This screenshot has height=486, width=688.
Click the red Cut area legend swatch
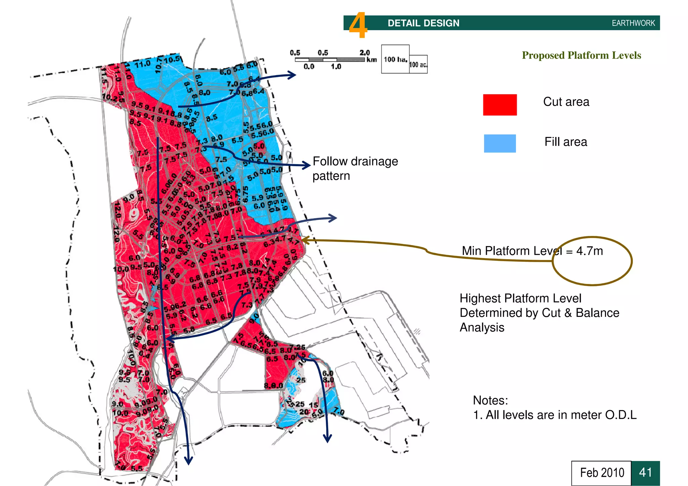point(500,105)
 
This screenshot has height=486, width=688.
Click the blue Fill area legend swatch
point(500,143)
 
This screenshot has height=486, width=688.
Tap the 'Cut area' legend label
point(566,102)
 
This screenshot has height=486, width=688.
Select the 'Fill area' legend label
point(566,142)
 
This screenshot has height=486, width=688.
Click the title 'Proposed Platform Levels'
point(581,55)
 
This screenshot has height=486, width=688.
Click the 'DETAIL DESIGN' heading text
point(423,23)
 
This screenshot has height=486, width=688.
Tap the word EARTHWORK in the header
point(633,23)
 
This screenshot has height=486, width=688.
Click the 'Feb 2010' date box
point(602,473)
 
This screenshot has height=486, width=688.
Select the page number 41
point(645,473)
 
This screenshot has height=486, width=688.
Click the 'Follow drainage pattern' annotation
point(355,168)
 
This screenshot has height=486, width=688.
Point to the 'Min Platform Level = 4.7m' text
point(532,251)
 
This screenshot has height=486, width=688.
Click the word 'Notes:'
point(490,400)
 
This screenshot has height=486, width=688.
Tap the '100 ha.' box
point(395,59)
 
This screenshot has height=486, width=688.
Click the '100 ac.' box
point(418,64)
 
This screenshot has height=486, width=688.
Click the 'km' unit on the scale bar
point(372,60)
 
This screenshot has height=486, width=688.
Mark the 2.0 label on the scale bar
point(364,53)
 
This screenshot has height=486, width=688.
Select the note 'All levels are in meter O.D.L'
point(561,415)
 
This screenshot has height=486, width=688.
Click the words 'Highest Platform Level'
point(520,298)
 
